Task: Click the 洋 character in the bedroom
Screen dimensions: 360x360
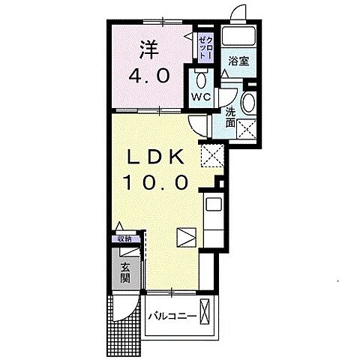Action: [149, 49]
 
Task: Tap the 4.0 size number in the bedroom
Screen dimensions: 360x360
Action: [149, 76]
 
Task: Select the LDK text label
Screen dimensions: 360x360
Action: [155, 157]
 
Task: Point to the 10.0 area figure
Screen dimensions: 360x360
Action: [155, 182]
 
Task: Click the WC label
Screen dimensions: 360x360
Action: [201, 97]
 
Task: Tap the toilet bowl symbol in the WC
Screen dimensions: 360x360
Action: [201, 79]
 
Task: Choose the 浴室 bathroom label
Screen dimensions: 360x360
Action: [239, 61]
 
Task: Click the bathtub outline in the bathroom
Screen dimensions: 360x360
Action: [238, 35]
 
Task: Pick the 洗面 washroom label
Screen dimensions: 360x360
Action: [230, 117]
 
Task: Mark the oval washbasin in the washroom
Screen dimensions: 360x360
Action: [249, 103]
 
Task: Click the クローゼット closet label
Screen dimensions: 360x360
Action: [205, 48]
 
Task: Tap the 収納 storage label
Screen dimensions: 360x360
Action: [125, 239]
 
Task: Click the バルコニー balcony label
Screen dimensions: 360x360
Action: [172, 316]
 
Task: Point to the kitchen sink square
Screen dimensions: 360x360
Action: [214, 204]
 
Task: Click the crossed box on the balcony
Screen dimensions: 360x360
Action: [205, 311]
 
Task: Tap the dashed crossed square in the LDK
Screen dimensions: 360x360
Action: [212, 155]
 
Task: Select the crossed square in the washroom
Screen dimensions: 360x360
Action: [247, 129]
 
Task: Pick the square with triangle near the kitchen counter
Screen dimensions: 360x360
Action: [187, 238]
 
